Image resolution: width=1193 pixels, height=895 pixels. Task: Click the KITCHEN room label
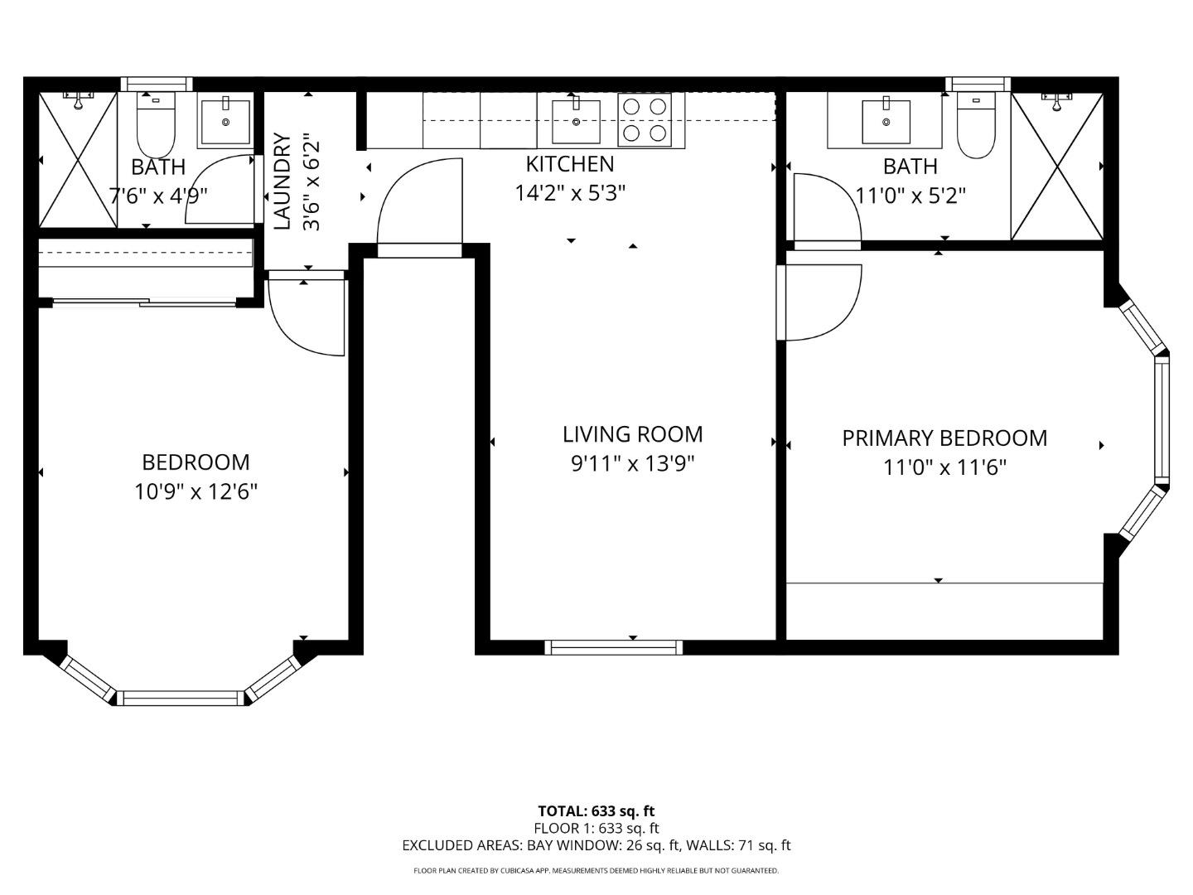pos(570,163)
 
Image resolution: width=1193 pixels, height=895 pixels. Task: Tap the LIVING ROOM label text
pos(632,434)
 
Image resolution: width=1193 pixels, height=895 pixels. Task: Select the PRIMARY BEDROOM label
pos(944,438)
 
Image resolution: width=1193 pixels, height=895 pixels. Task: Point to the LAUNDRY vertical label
pos(283,181)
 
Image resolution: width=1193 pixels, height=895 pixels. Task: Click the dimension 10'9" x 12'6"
pos(196,492)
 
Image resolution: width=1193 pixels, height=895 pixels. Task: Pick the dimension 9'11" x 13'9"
pos(632,463)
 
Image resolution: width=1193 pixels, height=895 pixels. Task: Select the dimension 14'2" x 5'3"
pos(570,193)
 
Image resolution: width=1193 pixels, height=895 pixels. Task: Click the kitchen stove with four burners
pos(645,120)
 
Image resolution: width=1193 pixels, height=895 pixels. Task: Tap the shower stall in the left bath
pos(78,160)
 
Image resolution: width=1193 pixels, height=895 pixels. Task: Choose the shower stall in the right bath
pos(1057,167)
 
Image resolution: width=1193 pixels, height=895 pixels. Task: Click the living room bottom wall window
pos(614,647)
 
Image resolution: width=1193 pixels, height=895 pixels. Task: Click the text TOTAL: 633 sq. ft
pos(596,811)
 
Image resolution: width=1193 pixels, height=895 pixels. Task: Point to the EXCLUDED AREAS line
pos(596,845)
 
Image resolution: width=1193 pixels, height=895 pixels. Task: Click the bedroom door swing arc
pos(307,319)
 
